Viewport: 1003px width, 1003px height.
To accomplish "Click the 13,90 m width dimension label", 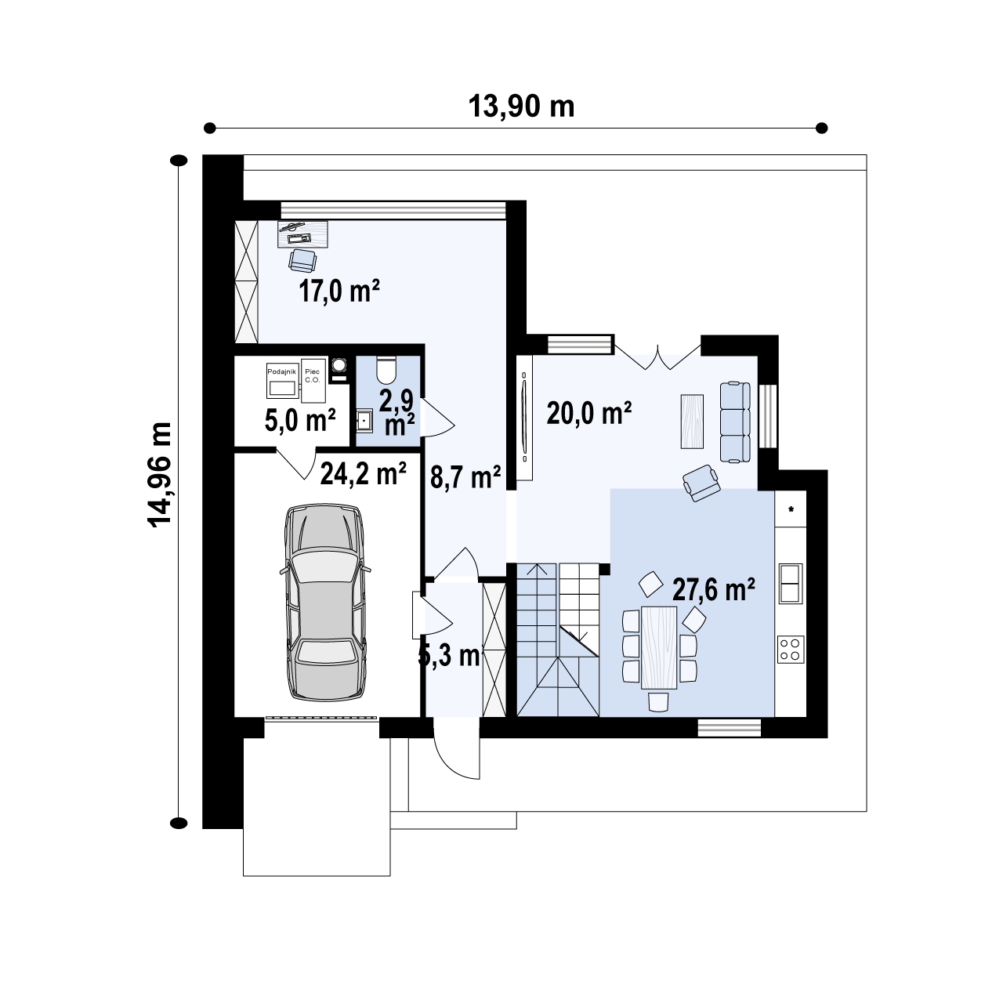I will pos(521,106).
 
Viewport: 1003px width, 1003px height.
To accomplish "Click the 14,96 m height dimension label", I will pos(161,486).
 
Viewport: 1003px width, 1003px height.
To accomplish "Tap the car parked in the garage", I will pos(324,601).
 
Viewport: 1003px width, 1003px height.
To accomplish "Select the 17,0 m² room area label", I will pos(339,291).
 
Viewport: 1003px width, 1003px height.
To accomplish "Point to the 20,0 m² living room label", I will pos(589,412).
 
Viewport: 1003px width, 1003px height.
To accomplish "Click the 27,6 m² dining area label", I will pos(714,589).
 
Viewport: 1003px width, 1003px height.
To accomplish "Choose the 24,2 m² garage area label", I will pos(363,473).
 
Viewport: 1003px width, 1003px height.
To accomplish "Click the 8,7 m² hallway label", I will pos(465,476).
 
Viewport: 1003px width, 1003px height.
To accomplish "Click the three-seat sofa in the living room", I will pos(735,422).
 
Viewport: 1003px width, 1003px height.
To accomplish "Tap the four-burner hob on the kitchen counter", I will pos(790,648).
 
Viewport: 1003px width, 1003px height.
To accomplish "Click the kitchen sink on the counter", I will pos(790,582).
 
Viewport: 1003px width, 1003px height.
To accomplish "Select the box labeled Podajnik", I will pos(281,382).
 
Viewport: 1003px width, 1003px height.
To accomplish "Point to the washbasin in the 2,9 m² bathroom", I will pos(364,421).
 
